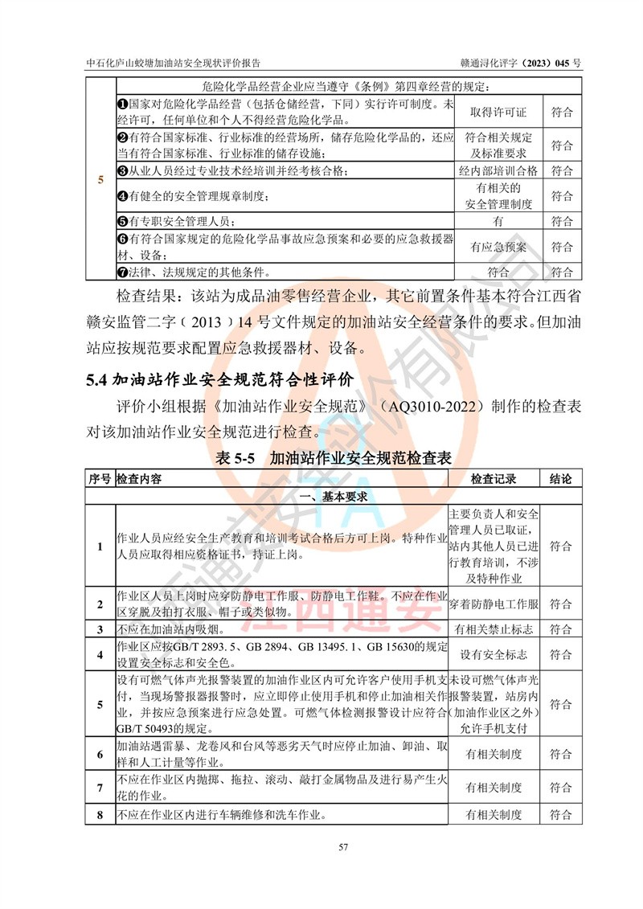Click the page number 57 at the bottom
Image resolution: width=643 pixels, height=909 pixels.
click(321, 847)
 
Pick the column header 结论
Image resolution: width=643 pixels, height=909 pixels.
click(560, 479)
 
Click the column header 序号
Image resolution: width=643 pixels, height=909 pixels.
click(99, 479)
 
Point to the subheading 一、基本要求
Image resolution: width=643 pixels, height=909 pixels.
click(333, 497)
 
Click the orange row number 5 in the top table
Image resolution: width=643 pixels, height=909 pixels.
click(100, 180)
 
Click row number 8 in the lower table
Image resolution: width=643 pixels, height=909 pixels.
click(100, 815)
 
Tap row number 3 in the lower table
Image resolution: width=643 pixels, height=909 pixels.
click(100, 629)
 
